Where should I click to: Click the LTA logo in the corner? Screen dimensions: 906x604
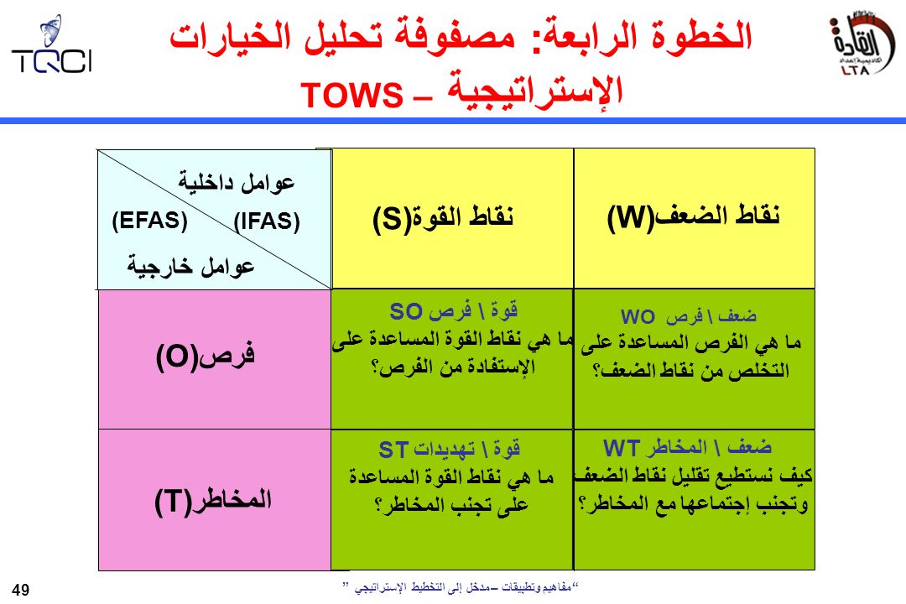[862, 44]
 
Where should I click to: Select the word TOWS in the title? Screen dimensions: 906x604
[351, 95]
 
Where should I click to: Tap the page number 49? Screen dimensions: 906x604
[20, 590]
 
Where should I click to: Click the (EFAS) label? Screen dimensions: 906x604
[149, 221]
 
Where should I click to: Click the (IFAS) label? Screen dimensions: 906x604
[267, 221]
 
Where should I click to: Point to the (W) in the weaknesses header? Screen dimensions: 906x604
[630, 218]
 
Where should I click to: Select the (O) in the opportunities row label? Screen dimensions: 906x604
[177, 357]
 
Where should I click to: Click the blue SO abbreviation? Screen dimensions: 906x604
[406, 311]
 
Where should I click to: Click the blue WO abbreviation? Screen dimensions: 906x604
[638, 317]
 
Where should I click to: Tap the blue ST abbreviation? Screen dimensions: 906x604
[393, 450]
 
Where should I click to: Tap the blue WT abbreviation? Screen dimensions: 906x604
[621, 448]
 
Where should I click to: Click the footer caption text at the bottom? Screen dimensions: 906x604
[461, 587]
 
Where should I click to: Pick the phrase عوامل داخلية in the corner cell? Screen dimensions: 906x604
[237, 182]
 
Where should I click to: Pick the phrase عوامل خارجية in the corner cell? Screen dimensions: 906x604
[190, 267]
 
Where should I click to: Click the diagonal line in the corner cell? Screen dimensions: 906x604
[215, 219]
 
